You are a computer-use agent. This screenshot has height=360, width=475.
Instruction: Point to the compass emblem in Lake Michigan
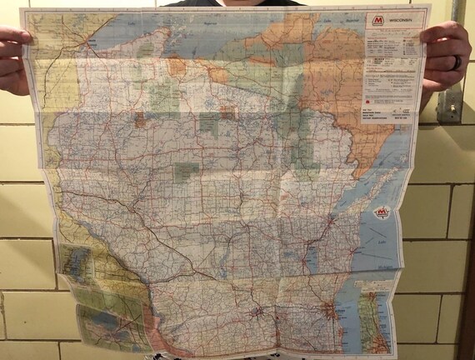[x=382, y=214]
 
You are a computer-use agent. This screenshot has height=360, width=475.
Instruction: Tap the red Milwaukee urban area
[x=334, y=312]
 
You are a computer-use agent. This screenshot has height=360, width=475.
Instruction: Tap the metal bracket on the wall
[x=450, y=104]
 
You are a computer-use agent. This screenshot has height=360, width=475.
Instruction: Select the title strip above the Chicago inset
[x=380, y=283]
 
